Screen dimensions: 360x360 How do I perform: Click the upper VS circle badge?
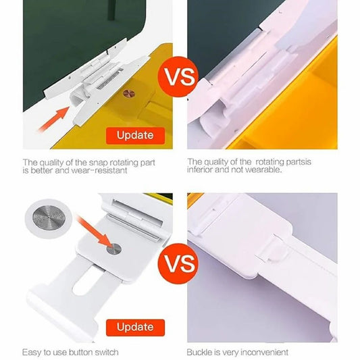[x=178, y=77]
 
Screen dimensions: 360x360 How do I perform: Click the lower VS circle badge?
[x=178, y=263]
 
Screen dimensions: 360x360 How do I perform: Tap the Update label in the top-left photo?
[x=135, y=136]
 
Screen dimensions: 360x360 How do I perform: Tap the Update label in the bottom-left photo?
[x=135, y=328]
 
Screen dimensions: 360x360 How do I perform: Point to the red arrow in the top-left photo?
[x=54, y=118]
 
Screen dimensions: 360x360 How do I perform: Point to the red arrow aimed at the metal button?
[x=94, y=231]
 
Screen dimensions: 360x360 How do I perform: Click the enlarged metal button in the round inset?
[x=49, y=218]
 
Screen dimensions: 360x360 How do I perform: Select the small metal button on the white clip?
[x=113, y=249]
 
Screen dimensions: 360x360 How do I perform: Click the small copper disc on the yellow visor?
[x=129, y=93]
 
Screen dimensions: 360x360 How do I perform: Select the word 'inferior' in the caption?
[x=199, y=170]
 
